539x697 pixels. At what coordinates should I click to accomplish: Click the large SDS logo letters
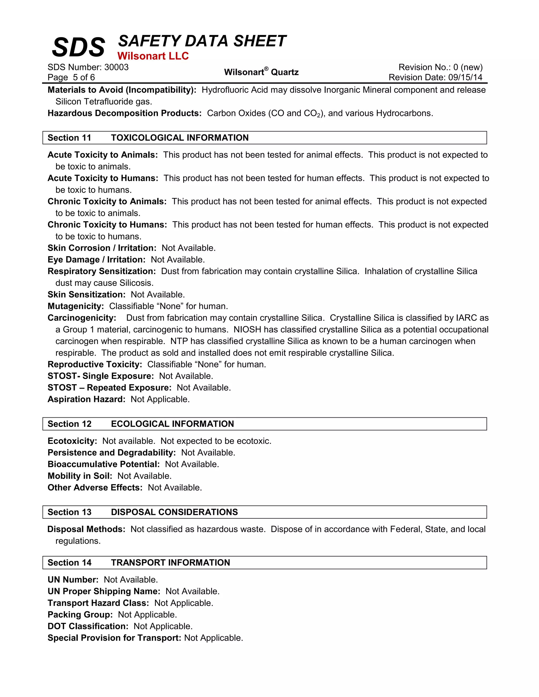point(78,47)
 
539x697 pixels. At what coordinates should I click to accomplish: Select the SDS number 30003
point(117,67)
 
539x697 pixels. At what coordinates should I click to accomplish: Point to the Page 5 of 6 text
point(71,77)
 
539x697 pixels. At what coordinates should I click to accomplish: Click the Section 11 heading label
point(69,138)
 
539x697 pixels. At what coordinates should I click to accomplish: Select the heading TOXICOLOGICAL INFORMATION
point(180,138)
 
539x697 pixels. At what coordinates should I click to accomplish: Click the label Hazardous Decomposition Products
point(124,113)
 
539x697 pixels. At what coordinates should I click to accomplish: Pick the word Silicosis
point(136,283)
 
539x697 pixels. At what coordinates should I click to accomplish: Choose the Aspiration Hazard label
point(86,399)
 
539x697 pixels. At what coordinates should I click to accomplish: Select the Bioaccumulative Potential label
point(103,464)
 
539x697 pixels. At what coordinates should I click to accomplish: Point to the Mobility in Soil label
point(80,476)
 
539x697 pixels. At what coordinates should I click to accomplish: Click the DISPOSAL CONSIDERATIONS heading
point(174,512)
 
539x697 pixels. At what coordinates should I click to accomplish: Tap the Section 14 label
point(69,562)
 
